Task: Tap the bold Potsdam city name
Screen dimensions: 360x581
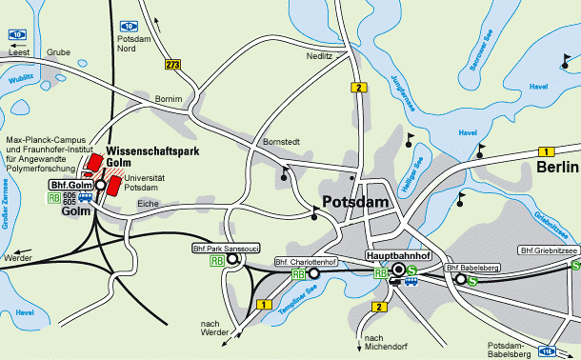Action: [x=357, y=202]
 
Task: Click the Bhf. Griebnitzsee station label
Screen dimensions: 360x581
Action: [x=550, y=250]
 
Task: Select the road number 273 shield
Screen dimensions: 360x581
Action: [x=172, y=65]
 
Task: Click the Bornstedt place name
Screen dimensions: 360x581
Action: [x=281, y=142]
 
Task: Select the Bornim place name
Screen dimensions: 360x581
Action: [x=167, y=99]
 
